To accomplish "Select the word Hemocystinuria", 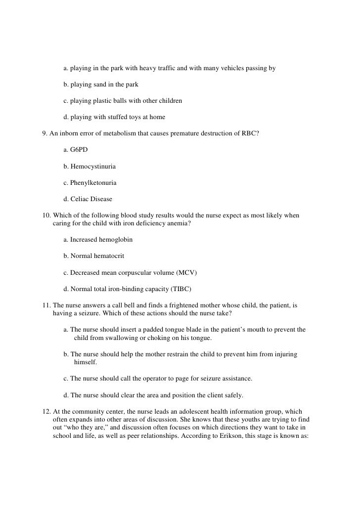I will (93, 166).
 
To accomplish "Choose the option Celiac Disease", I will (91, 200).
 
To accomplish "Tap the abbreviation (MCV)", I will (187, 273).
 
